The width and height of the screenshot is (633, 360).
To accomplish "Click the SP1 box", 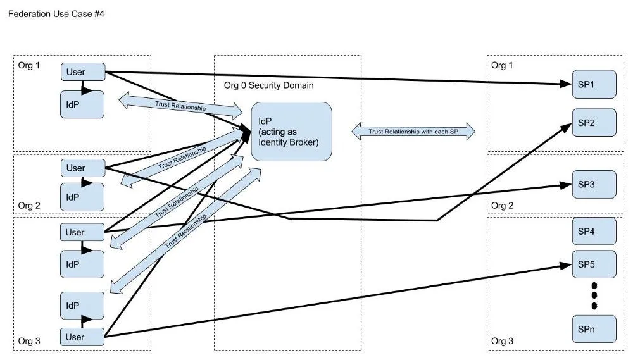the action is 594,84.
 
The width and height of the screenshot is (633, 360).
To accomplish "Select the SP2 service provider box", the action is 594,123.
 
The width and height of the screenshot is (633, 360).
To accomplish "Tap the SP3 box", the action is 594,185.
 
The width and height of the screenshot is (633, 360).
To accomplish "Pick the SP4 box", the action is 594,232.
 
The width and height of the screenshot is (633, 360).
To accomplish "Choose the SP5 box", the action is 594,264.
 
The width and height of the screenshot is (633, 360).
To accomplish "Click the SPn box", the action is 594,329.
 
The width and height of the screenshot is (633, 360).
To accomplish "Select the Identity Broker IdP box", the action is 291,132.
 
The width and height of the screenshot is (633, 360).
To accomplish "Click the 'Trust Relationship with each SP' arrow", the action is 413,132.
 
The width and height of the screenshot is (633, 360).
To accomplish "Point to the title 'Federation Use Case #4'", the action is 56,14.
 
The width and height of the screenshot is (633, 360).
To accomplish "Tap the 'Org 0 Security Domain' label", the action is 269,85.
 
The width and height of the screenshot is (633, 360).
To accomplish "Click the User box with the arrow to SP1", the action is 83,72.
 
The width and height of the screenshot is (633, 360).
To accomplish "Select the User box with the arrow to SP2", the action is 83,168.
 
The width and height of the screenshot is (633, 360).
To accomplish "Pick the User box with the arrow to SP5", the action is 82,337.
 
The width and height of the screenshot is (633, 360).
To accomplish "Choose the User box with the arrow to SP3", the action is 82,232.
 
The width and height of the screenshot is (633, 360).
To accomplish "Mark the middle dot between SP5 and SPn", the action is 594,295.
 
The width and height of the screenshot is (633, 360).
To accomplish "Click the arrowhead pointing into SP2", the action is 567,127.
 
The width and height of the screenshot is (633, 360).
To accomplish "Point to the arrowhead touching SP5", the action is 566,266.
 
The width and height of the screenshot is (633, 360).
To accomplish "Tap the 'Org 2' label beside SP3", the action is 502,206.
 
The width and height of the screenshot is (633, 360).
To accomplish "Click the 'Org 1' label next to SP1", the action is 502,65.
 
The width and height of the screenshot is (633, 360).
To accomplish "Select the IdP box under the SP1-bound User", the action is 82,104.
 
